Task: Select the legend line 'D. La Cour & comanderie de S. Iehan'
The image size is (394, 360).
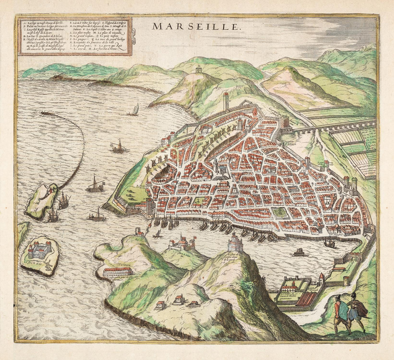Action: (x=41, y=36)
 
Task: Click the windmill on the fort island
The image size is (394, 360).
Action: (x=48, y=264)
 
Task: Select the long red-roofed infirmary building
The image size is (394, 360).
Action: (x=118, y=271)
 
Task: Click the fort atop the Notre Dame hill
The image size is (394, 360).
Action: (x=233, y=243)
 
